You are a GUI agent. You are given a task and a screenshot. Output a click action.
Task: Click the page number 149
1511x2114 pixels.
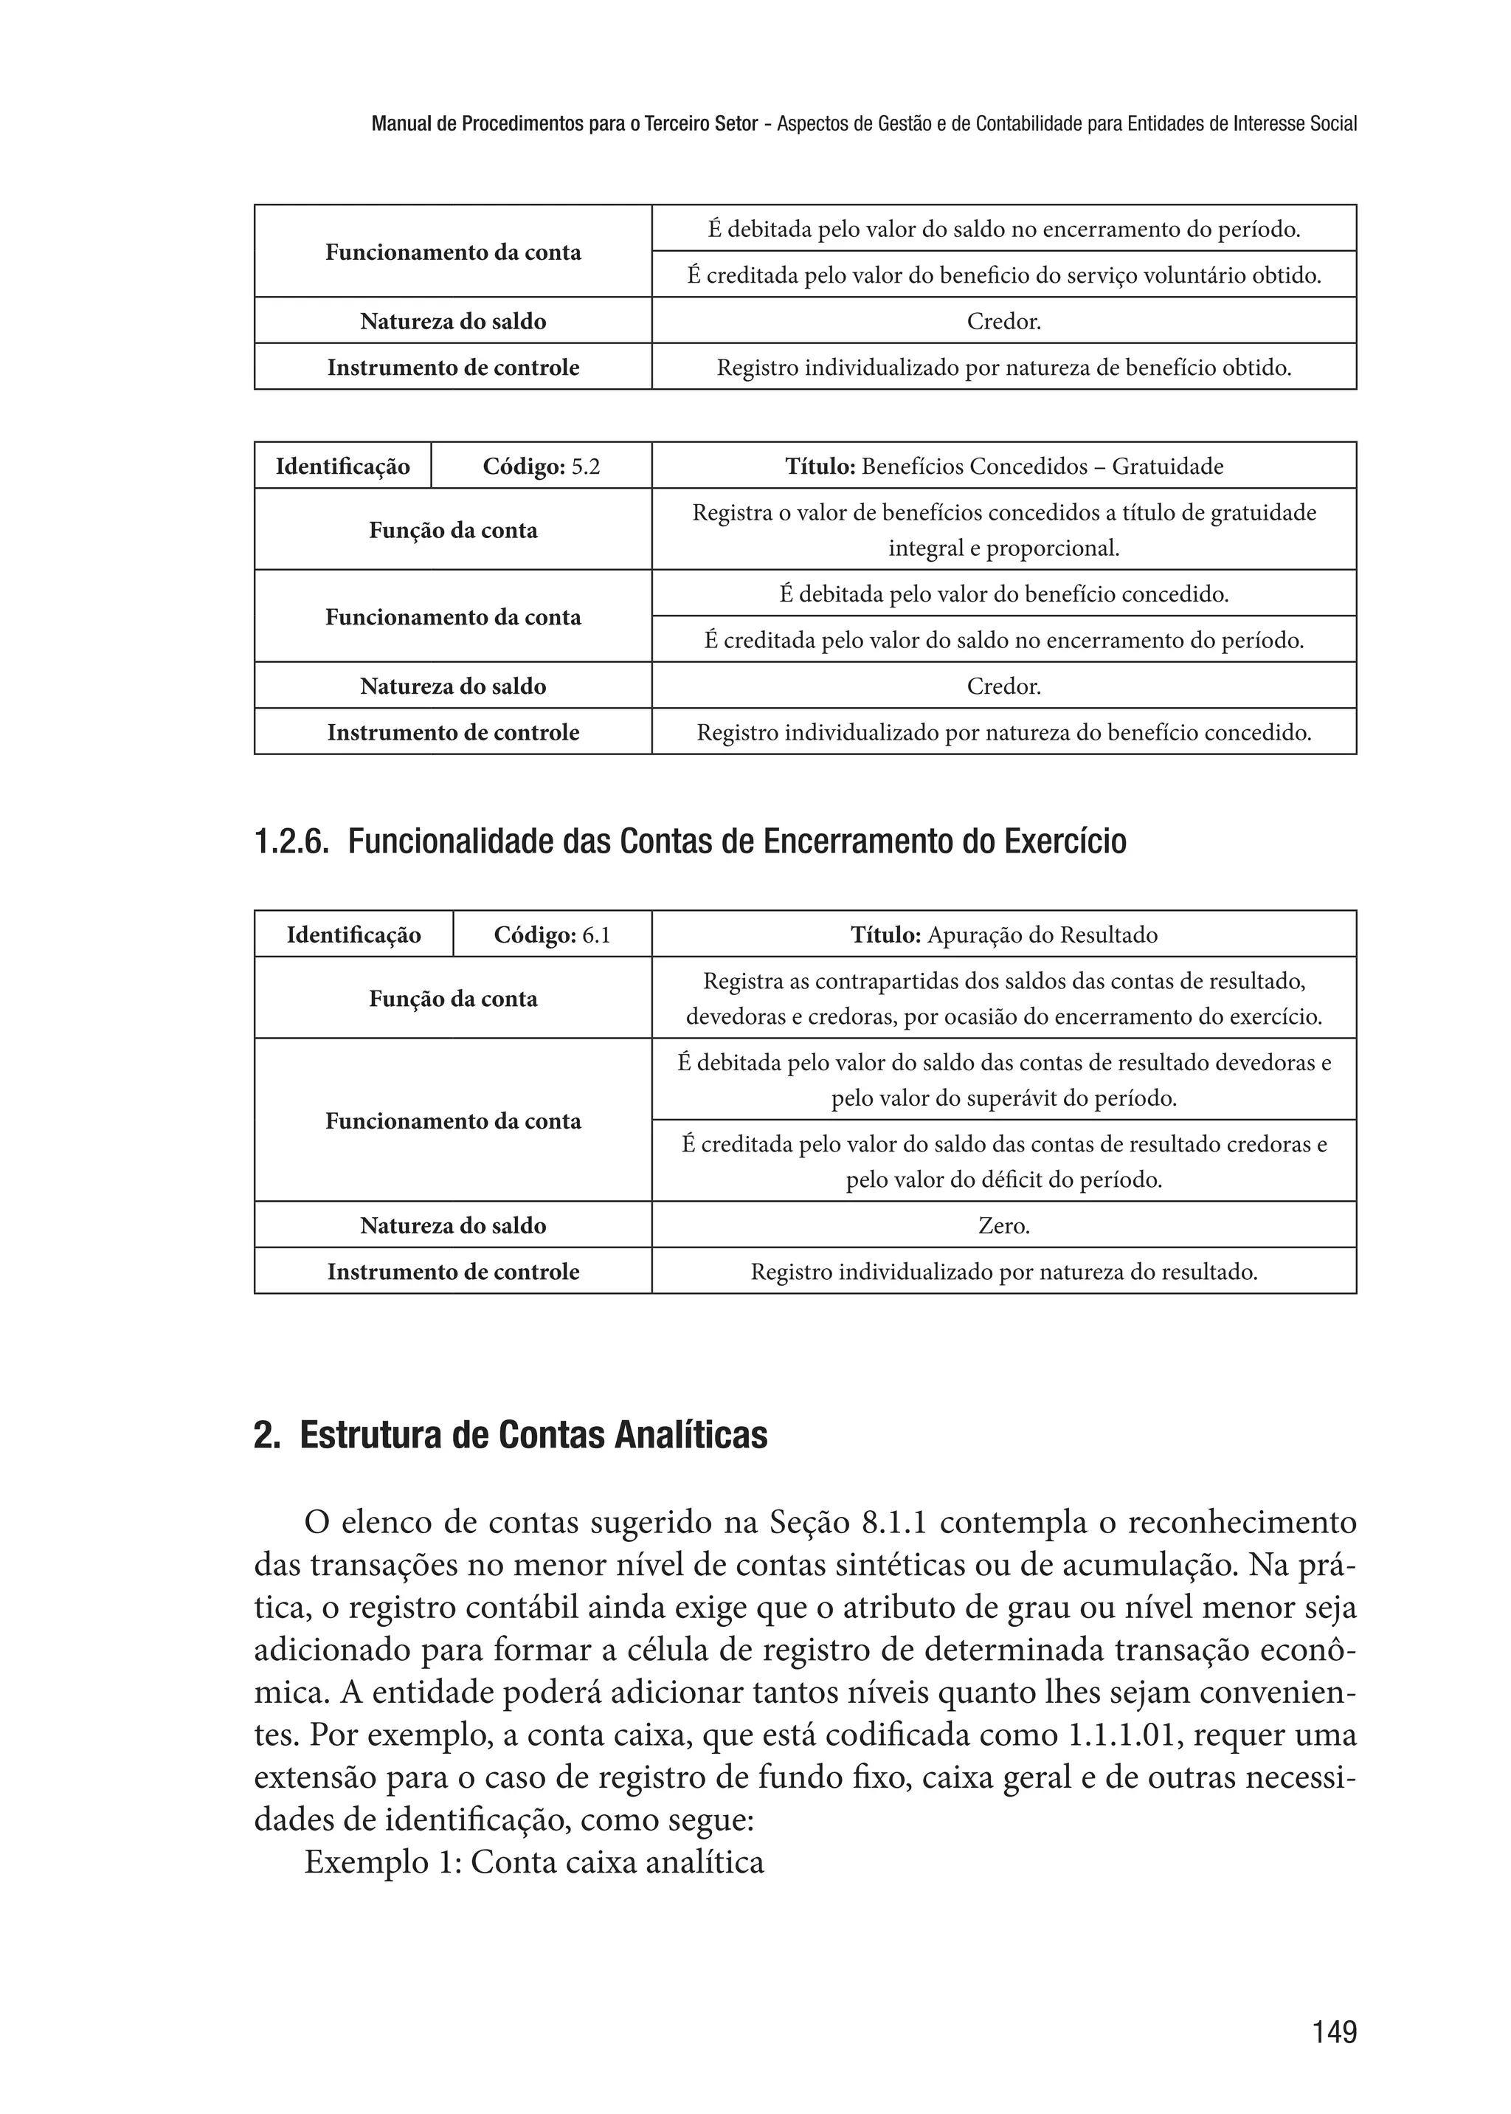click(1334, 2031)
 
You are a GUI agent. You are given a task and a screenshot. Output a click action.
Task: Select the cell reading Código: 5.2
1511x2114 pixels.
click(541, 466)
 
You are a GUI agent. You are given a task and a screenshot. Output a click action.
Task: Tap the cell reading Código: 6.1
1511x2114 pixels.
click(552, 934)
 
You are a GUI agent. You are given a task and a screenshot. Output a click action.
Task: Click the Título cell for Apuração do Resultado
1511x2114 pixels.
click(1004, 934)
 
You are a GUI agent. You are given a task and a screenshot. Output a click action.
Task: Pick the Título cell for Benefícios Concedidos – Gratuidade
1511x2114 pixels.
click(1004, 466)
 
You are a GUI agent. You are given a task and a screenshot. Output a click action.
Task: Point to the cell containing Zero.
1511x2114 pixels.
click(1004, 1226)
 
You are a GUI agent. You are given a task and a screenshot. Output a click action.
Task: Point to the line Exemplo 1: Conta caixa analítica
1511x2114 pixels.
click(534, 1862)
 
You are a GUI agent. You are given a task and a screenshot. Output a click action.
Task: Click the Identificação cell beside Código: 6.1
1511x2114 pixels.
click(353, 934)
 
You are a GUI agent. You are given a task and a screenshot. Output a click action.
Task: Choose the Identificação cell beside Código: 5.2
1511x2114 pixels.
click(342, 466)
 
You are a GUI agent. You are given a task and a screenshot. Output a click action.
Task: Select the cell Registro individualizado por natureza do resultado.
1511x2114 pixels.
click(1004, 1272)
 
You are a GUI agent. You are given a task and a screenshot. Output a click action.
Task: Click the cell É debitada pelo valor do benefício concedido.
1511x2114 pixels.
click(1004, 594)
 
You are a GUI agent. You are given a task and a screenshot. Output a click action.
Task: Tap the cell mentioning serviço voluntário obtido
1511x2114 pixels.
click(1004, 275)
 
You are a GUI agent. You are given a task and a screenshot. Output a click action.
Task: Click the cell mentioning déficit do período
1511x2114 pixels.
click(1004, 1162)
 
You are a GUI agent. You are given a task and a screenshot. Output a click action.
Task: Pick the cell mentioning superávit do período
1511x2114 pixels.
click(1004, 1080)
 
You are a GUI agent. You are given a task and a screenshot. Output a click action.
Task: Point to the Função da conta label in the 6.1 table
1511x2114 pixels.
click(453, 999)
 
